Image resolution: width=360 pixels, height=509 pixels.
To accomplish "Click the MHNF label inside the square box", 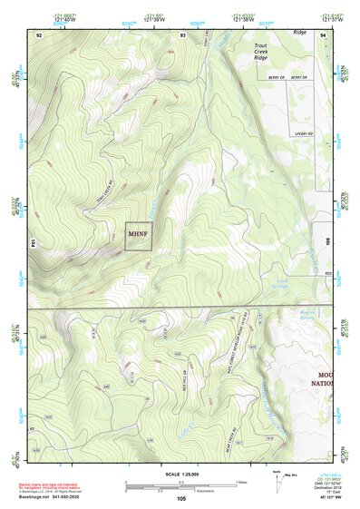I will [x=137, y=233].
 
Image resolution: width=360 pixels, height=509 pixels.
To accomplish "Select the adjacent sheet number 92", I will [x=39, y=34].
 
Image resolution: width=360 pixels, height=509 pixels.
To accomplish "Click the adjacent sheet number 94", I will [x=323, y=34].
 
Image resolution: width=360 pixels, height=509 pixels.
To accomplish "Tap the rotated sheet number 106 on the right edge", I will [x=326, y=243].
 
